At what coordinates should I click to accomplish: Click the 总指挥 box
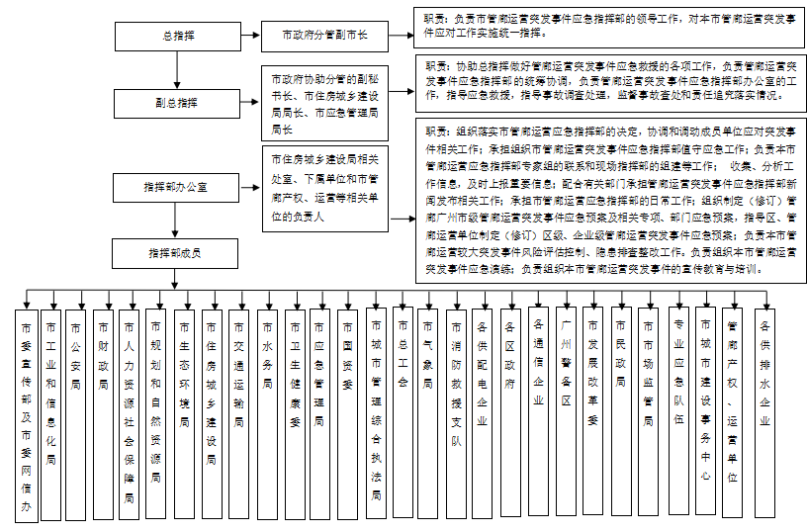177,37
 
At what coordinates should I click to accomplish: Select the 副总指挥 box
177,103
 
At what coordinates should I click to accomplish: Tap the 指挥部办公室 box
177,187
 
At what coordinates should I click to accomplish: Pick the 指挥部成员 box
177,254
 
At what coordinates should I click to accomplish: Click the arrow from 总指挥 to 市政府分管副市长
251,37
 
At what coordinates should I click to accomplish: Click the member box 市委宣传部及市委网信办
27,414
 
